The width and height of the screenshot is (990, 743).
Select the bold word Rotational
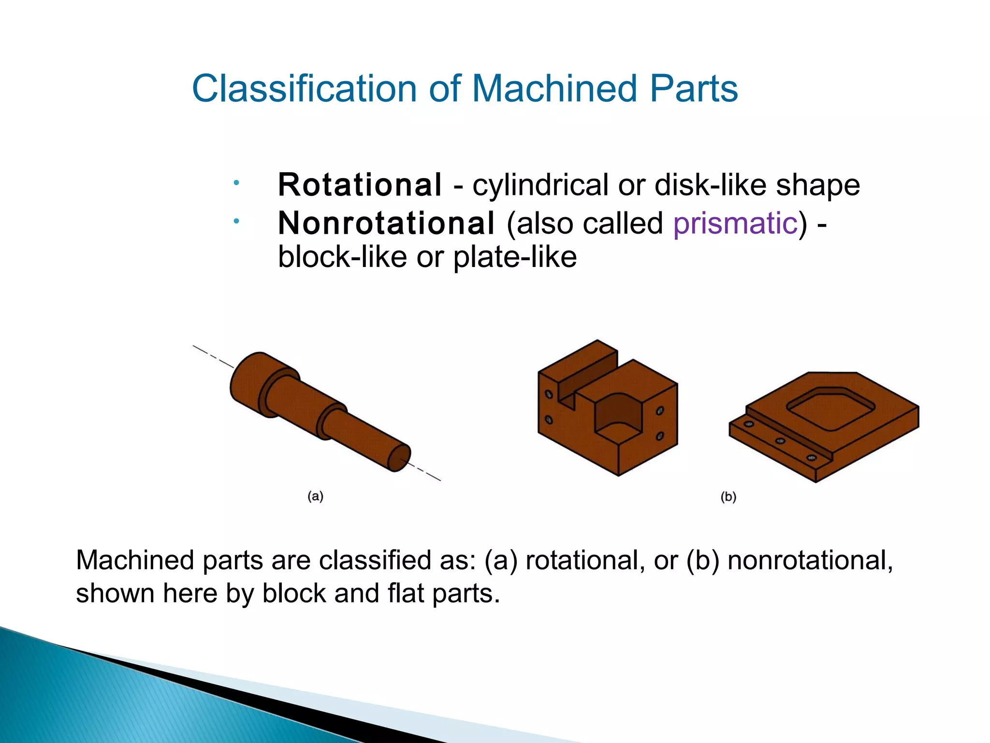click(360, 185)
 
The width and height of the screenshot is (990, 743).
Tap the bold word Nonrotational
click(386, 223)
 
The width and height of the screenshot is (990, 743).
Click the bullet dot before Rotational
click(236, 183)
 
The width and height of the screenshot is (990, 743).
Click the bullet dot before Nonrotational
click(236, 222)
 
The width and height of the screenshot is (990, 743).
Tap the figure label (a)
click(315, 496)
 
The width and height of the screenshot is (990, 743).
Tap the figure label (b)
click(728, 497)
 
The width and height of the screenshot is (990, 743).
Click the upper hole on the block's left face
click(549, 394)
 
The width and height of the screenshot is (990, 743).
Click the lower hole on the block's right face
click(659, 436)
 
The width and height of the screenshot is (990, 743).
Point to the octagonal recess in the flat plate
click(830, 409)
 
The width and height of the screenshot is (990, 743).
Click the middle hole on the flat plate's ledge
click(780, 441)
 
